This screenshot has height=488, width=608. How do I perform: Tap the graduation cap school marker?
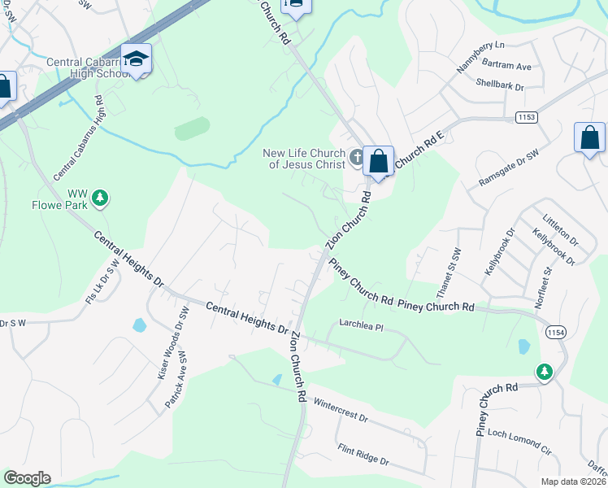coord(136,59)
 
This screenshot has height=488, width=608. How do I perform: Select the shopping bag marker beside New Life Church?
coord(378,161)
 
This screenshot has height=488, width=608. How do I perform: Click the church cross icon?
coord(356,156)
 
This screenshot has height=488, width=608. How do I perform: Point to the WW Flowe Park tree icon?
coord(100,197)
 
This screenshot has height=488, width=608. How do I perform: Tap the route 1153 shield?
coord(526,118)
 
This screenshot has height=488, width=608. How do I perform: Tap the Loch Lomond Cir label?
coord(519,441)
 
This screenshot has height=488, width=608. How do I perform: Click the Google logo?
coord(27,478)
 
